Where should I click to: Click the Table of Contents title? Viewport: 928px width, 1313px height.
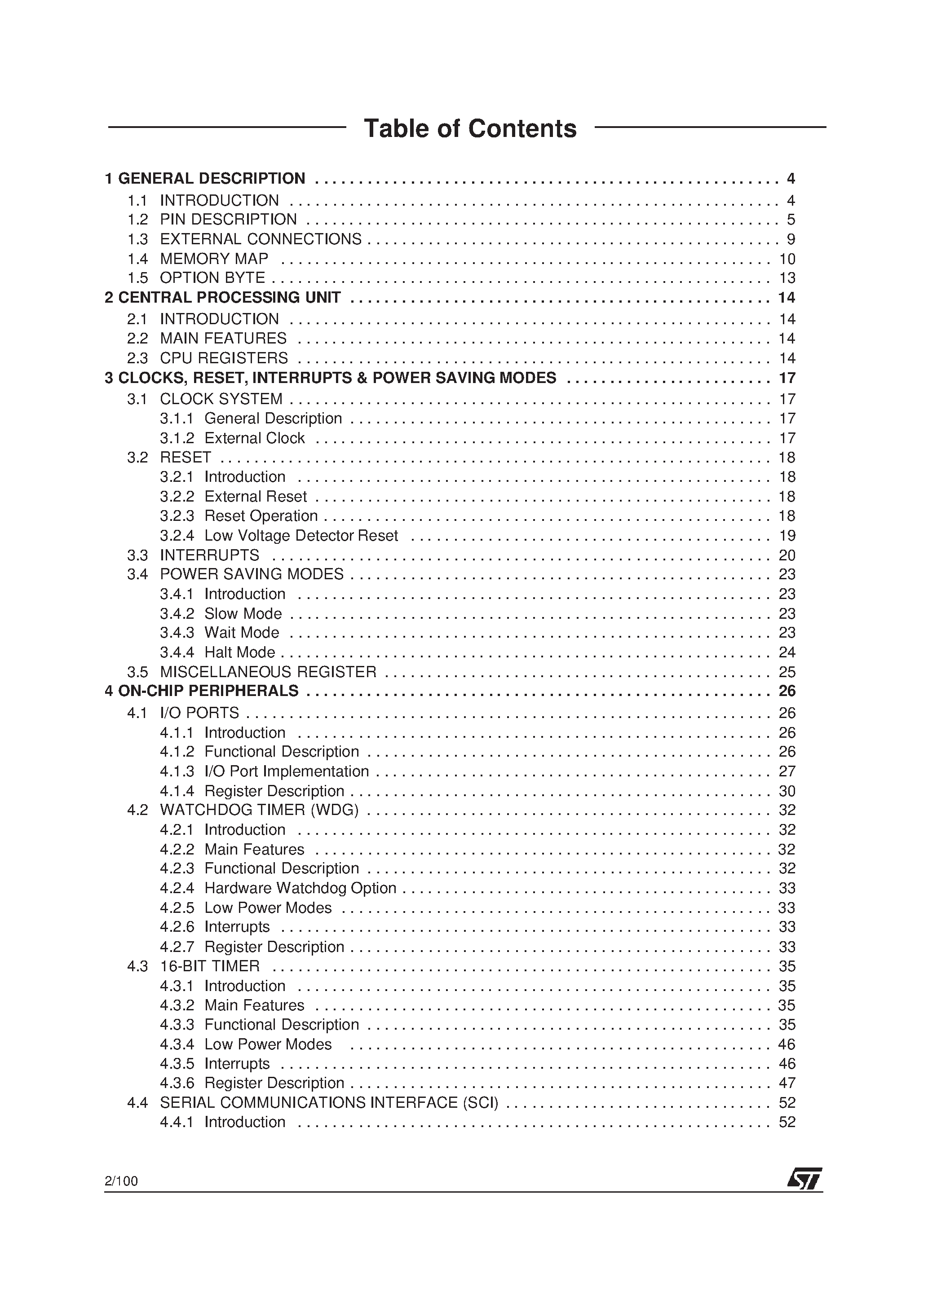[470, 129]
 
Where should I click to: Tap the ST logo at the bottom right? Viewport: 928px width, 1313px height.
[804, 1179]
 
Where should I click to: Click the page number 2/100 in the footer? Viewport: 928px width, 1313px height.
[121, 1181]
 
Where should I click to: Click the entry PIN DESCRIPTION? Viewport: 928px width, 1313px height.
[228, 220]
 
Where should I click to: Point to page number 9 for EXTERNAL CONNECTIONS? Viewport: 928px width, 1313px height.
[791, 239]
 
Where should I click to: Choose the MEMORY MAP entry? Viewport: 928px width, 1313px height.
[214, 259]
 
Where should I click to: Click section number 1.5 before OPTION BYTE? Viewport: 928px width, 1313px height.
[137, 278]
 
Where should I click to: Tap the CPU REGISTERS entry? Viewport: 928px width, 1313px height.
[224, 358]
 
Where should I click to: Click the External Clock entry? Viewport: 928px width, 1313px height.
[255, 438]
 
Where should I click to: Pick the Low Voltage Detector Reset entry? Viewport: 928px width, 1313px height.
[301, 536]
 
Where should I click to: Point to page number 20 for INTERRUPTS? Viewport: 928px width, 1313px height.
[787, 555]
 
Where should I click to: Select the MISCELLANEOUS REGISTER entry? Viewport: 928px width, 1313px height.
[268, 672]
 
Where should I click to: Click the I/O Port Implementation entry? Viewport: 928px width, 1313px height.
[286, 771]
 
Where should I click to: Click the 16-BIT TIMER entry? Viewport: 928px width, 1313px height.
[209, 966]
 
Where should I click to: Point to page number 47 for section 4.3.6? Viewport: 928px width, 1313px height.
[787, 1083]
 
